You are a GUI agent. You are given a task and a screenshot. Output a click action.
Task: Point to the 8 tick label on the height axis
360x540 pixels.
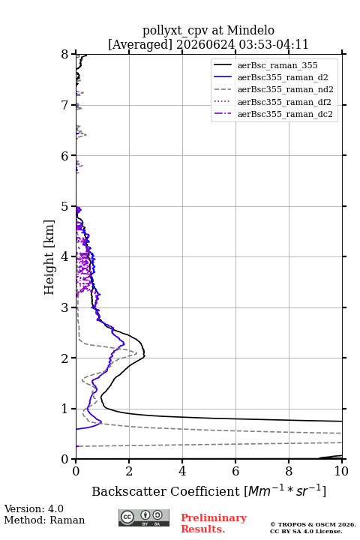coord(65,54)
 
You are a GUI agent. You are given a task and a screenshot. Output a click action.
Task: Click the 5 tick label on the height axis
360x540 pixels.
coord(65,206)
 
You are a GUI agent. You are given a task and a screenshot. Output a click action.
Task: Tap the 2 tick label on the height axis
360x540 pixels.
coord(65,358)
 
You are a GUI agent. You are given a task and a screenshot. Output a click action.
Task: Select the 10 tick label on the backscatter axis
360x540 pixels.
coord(341,471)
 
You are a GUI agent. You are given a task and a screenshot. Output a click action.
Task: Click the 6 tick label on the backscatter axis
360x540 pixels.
coord(235,471)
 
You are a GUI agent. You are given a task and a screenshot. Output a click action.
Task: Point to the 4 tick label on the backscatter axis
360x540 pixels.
coord(182,471)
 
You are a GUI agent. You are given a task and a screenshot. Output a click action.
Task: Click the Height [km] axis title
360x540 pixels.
coord(49,257)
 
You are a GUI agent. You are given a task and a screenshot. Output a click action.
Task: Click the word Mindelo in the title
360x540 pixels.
coord(250,30)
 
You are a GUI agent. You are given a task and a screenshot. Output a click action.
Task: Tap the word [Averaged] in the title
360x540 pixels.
coord(140,44)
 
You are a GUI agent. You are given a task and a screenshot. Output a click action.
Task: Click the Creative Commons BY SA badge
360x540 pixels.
coord(144,517)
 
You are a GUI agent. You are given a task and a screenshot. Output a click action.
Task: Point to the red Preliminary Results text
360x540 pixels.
coord(214,523)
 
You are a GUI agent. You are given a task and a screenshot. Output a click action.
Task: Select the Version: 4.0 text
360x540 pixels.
coord(34,508)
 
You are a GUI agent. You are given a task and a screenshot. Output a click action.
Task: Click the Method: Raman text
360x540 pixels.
coord(44,520)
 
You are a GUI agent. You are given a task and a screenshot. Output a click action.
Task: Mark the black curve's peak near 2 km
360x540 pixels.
coord(145,355)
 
